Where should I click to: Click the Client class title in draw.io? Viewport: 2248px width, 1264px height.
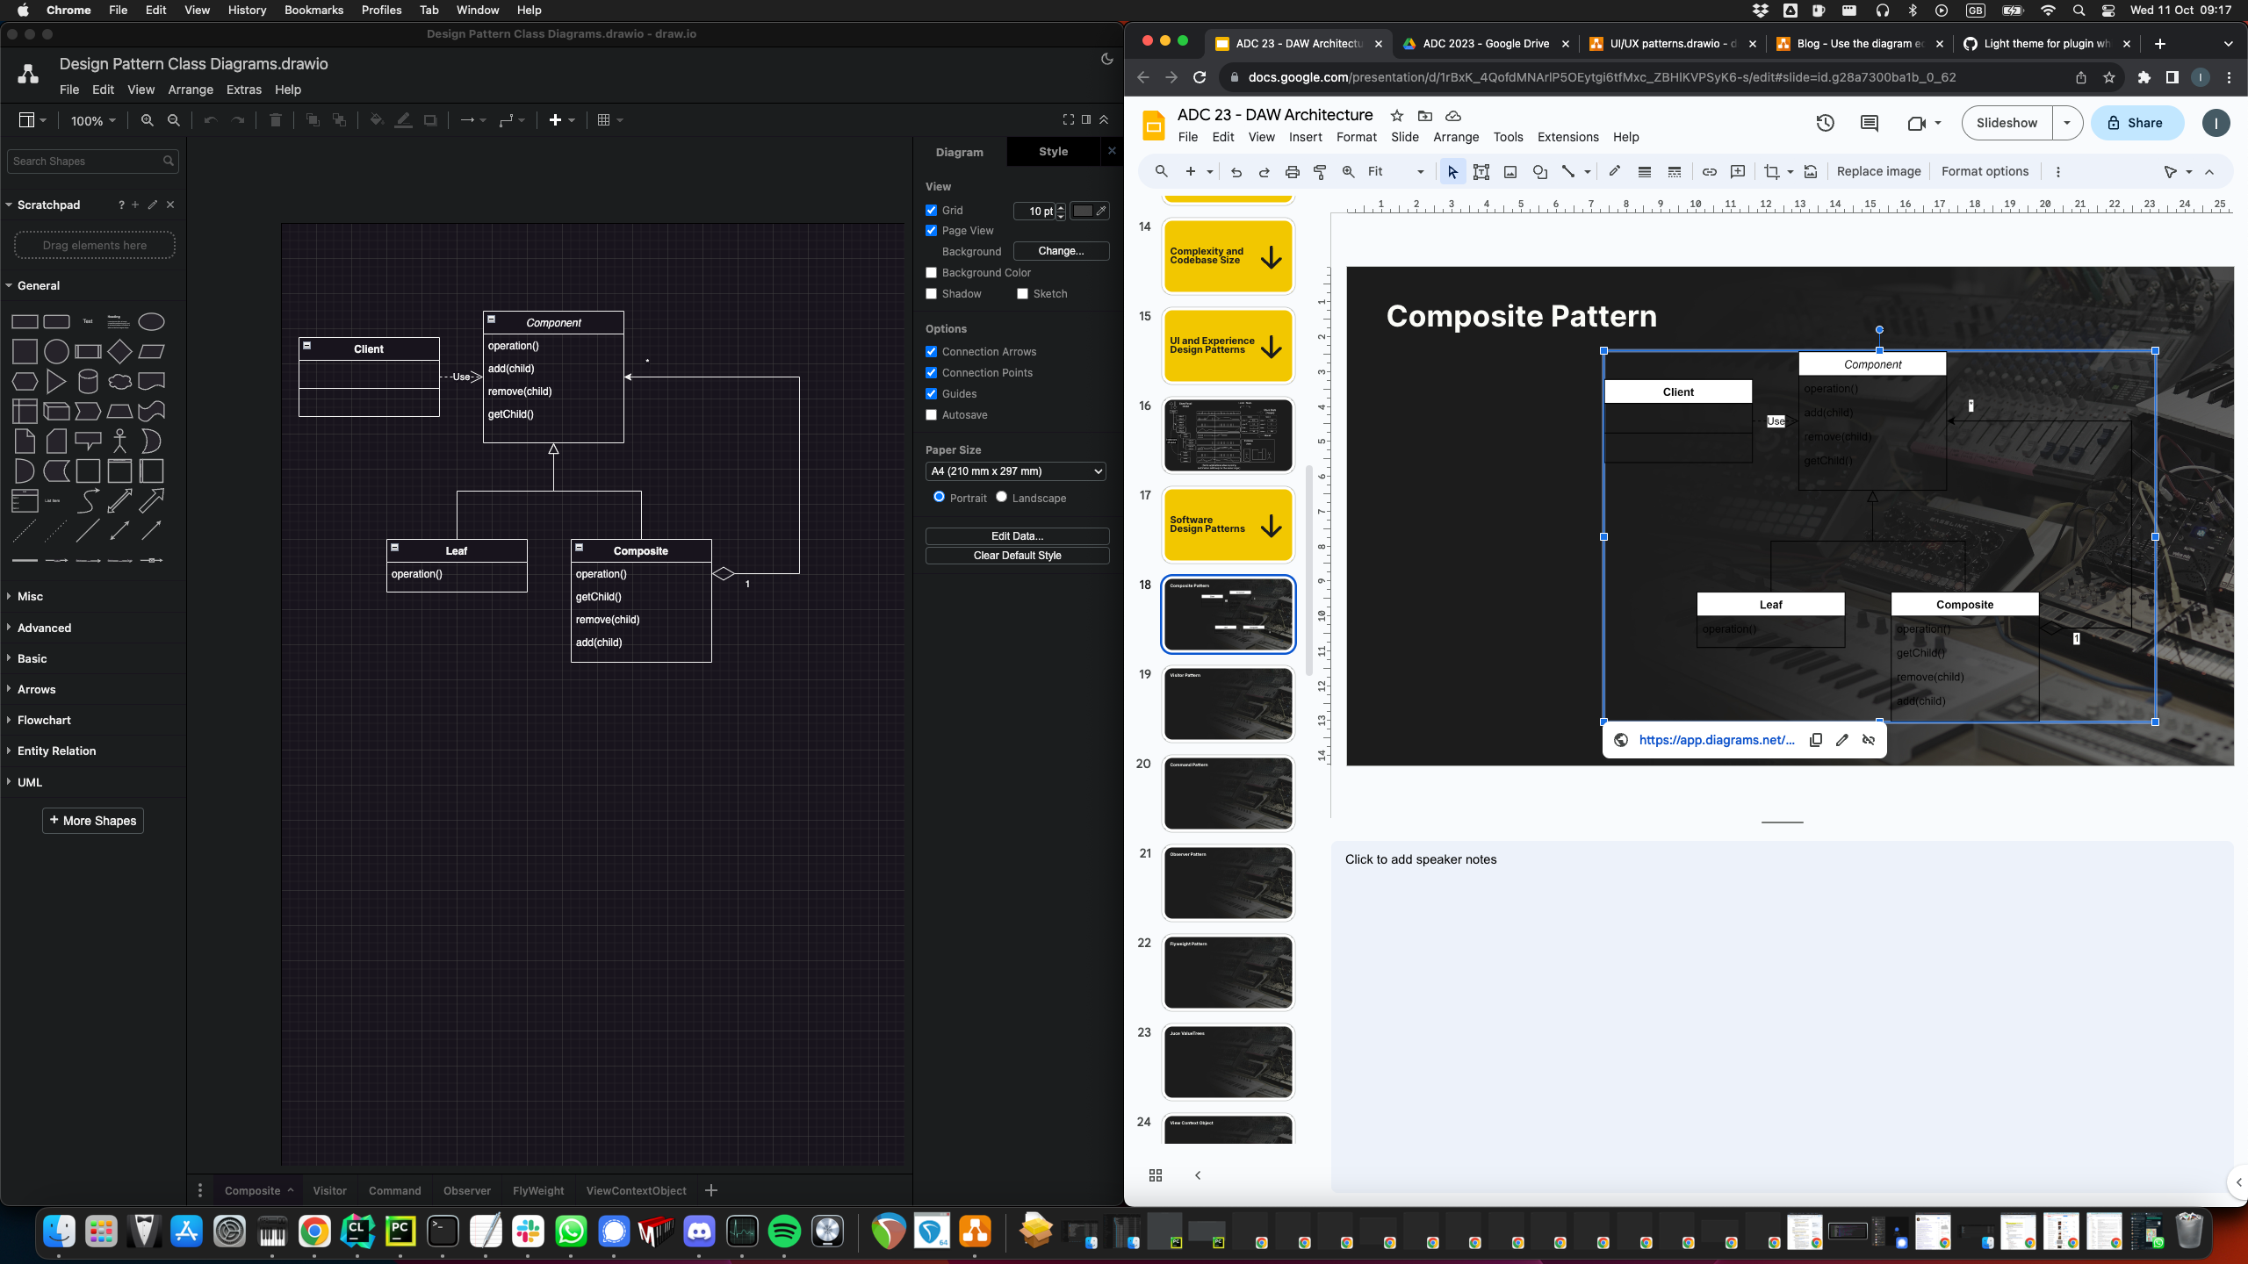point(369,348)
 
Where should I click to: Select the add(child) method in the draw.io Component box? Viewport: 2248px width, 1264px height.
point(511,369)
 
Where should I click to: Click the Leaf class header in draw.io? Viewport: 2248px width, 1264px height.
point(457,550)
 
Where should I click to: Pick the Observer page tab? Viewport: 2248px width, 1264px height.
point(466,1190)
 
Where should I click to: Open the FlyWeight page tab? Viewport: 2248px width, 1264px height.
point(538,1190)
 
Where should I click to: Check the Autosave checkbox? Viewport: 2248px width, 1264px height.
point(932,415)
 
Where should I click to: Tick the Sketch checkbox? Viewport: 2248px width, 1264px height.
point(1022,294)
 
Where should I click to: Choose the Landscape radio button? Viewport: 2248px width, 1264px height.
point(1001,497)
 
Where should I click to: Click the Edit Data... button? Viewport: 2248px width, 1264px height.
point(1017,535)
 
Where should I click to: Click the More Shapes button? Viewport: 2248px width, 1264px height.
point(93,821)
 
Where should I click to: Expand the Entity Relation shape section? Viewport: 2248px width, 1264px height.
point(56,750)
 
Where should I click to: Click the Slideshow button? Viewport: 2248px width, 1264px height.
point(2007,123)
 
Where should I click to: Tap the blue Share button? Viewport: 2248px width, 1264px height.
point(2136,123)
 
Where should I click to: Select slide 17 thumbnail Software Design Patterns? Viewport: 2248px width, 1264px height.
point(1228,525)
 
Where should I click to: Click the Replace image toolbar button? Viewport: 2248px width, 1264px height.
point(1878,171)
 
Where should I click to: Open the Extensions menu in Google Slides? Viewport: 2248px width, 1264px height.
point(1567,137)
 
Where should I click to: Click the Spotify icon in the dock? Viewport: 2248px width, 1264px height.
point(784,1232)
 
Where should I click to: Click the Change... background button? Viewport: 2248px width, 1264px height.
point(1061,251)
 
